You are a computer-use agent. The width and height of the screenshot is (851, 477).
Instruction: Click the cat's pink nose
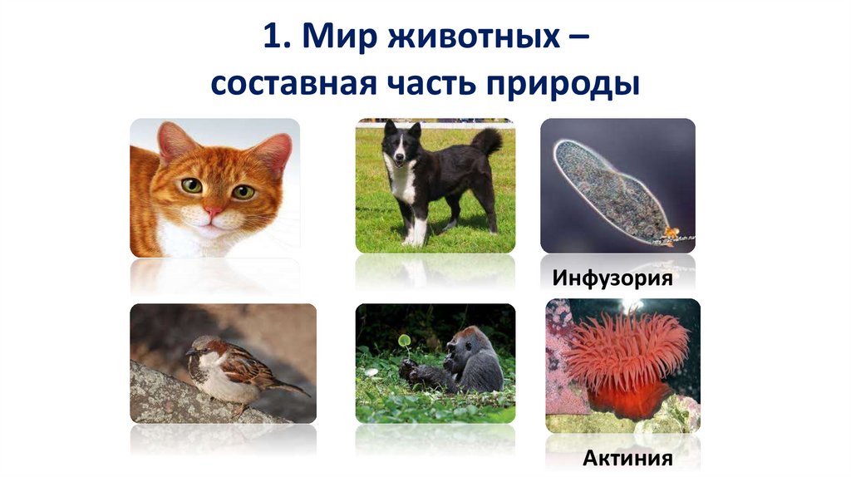[214, 212]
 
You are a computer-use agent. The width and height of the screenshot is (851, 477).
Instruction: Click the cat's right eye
[243, 191]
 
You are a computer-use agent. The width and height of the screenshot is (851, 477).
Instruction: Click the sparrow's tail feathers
[287, 386]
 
